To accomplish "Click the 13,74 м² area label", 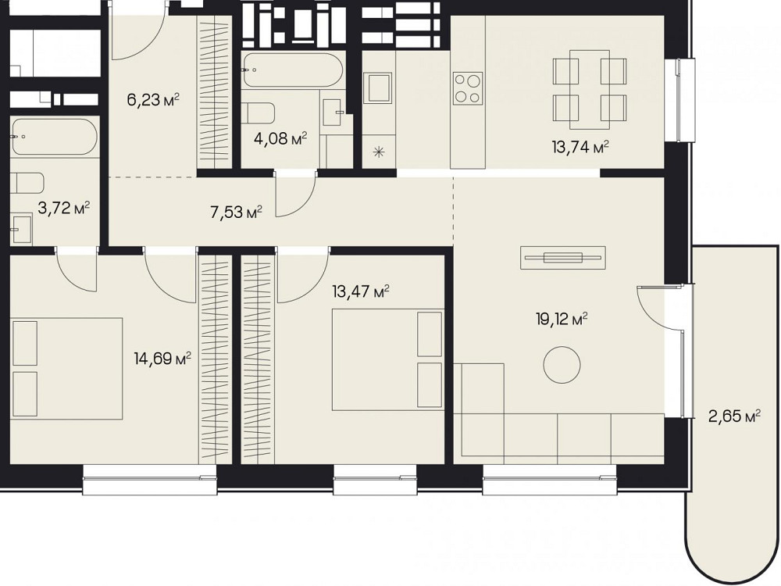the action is (x=580, y=147).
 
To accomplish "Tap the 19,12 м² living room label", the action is (x=562, y=319).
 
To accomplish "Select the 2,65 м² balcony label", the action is (x=734, y=415).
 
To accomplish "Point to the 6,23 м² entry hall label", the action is (x=153, y=100).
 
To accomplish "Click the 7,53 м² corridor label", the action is (x=236, y=213).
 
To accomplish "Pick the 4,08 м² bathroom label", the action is (x=280, y=138).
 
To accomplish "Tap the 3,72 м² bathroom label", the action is (x=64, y=208).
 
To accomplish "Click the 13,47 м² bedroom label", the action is (x=360, y=291).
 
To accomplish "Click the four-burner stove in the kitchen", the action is (x=468, y=88).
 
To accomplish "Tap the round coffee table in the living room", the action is (x=562, y=364).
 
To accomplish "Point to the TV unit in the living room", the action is (x=563, y=258).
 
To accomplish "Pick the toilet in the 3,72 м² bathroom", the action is (x=27, y=183).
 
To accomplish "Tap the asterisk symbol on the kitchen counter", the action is (x=379, y=152).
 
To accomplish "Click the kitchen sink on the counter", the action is (x=377, y=88).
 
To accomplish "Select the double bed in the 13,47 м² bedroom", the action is (x=387, y=359).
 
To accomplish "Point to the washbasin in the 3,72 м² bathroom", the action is (x=21, y=229).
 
